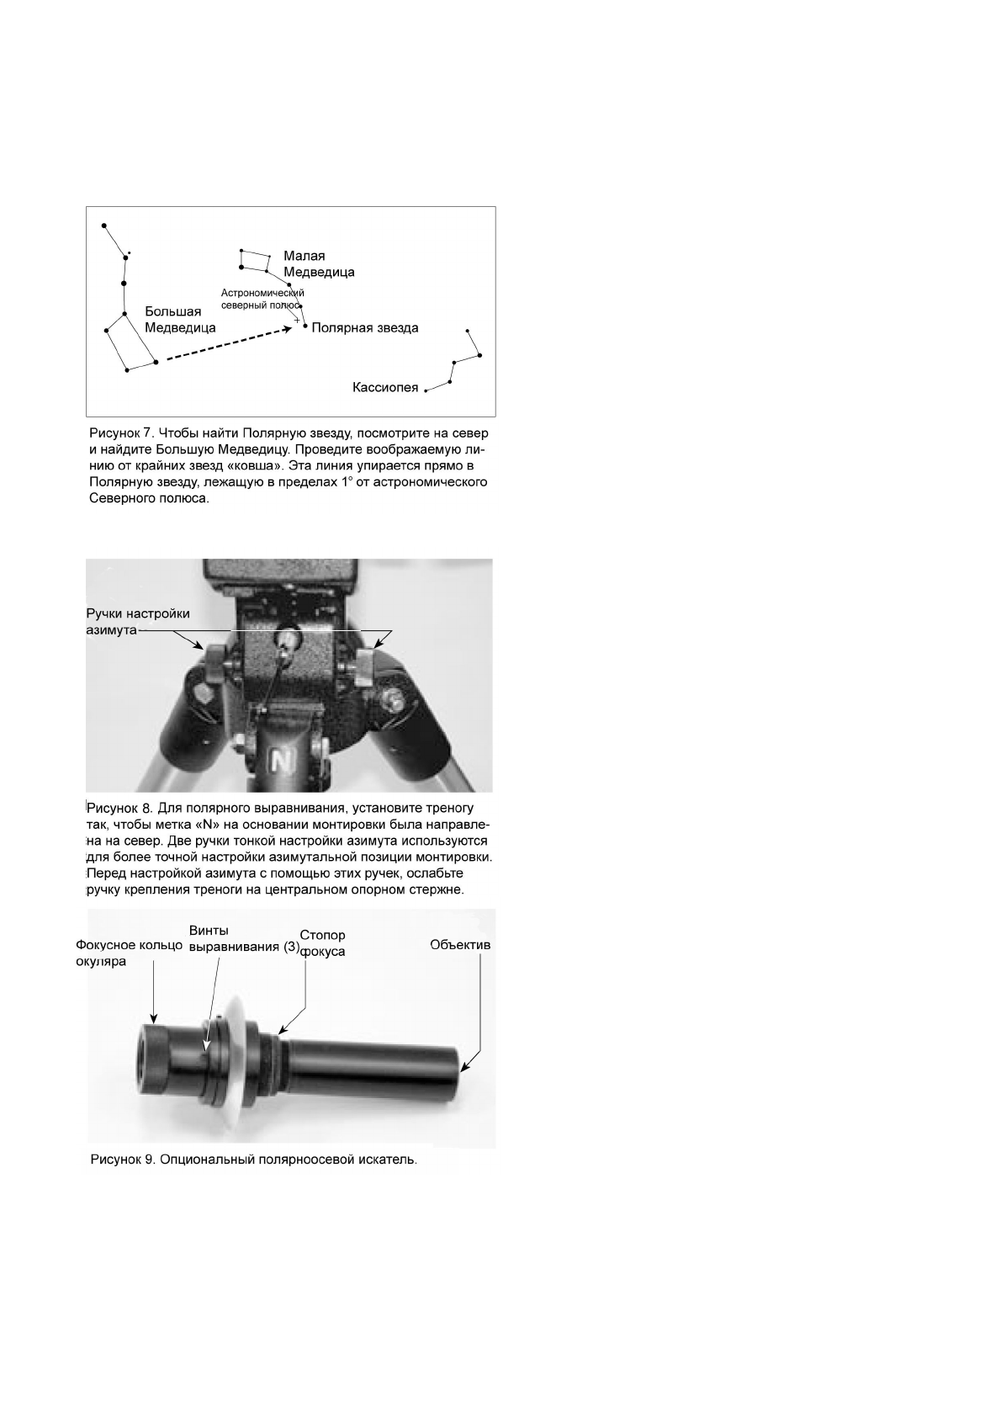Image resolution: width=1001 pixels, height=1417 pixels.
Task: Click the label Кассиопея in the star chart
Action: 385,388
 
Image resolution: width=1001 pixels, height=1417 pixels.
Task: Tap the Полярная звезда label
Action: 364,328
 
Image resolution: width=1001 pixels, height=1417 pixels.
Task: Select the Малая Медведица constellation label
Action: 318,264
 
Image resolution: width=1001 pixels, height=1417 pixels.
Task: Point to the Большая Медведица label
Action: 180,320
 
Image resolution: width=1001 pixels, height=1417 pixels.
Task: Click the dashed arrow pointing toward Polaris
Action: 227,343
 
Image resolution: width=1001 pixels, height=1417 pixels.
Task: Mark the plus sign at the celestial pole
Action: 296,320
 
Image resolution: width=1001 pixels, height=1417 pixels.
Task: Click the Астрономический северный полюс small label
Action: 257,299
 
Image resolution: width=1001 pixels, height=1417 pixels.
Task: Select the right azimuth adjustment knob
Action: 365,665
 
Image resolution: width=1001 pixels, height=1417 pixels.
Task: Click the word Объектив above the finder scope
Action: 460,944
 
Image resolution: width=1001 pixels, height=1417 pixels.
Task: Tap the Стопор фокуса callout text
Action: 323,943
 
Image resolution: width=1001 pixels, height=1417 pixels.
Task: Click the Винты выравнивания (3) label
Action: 244,938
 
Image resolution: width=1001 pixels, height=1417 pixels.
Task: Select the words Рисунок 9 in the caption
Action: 121,1160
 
